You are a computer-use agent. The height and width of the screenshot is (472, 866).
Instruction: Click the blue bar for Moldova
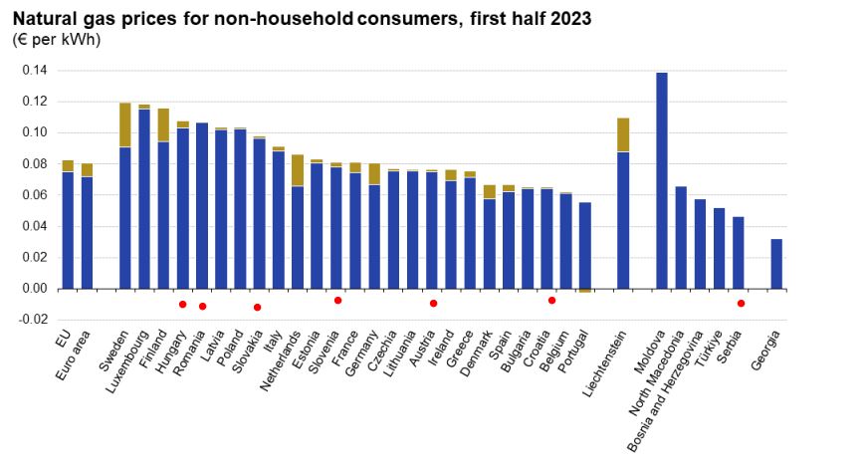pyautogui.click(x=662, y=179)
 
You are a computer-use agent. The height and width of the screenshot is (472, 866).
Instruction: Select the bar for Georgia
pyautogui.click(x=776, y=264)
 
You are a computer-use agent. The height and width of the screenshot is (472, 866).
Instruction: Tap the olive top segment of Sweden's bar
pyautogui.click(x=125, y=124)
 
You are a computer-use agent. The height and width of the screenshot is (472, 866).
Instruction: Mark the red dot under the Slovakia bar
pyautogui.click(x=258, y=308)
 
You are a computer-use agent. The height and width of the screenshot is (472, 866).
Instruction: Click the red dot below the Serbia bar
pyautogui.click(x=741, y=303)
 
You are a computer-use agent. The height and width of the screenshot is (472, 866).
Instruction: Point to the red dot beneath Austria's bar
pyautogui.click(x=433, y=303)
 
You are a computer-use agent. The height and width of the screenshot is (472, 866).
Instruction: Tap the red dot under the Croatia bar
pyautogui.click(x=551, y=300)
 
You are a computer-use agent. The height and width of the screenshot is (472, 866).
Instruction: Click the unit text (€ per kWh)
pyautogui.click(x=57, y=40)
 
